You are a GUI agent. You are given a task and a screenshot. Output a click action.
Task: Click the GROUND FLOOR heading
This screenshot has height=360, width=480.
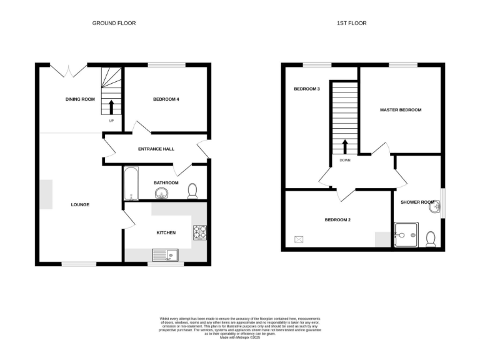(114, 23)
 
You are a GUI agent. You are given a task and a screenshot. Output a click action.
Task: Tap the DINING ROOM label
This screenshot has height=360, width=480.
(80, 99)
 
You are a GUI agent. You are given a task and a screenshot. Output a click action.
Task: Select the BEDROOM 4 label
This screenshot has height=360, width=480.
(166, 99)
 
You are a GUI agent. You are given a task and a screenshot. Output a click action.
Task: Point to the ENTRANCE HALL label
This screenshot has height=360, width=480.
(156, 149)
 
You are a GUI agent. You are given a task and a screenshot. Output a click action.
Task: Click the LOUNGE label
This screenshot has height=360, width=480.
(79, 204)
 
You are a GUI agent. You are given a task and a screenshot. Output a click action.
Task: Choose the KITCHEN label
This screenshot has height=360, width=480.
(166, 232)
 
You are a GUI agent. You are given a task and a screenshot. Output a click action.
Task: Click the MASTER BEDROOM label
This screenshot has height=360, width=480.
(401, 110)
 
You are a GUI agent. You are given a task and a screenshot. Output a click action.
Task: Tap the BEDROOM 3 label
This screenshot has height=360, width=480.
(307, 89)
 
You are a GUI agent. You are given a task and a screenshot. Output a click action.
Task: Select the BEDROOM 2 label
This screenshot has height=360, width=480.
(337, 220)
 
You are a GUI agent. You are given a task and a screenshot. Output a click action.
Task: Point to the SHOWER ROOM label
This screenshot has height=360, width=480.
(417, 202)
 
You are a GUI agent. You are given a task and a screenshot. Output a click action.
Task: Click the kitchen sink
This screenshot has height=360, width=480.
(166, 254)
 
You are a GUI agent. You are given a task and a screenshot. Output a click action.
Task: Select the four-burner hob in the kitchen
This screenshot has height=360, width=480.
(200, 232)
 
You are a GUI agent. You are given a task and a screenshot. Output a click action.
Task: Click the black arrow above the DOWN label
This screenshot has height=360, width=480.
(344, 147)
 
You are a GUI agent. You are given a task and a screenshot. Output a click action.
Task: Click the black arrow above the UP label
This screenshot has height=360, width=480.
(111, 107)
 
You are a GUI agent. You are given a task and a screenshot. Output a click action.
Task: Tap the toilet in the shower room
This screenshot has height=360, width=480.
(431, 238)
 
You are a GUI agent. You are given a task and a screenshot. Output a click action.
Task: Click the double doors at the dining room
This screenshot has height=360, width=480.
(68, 70)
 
